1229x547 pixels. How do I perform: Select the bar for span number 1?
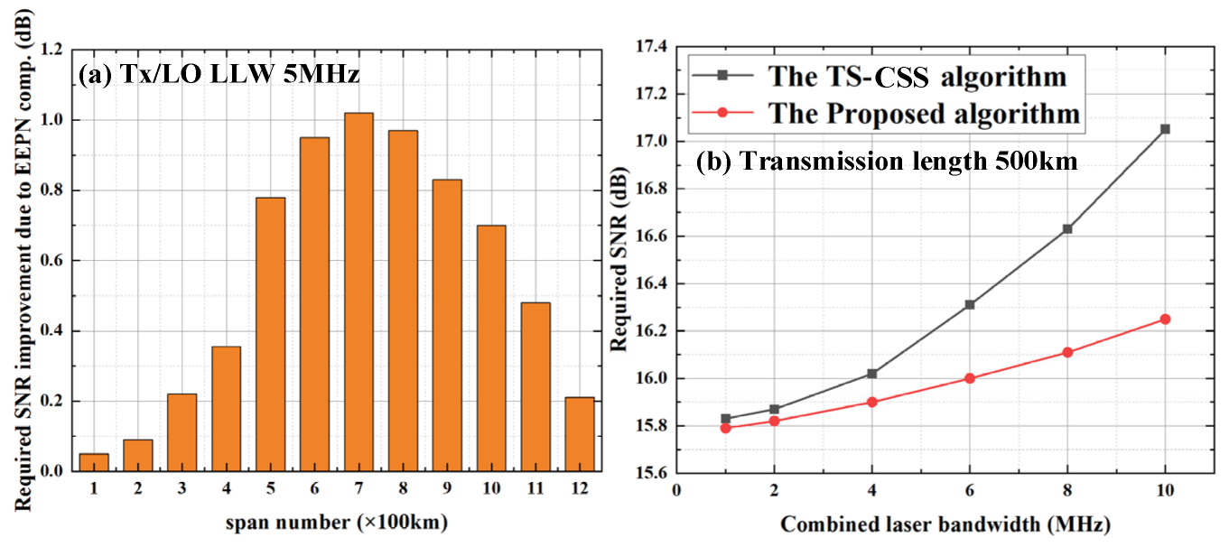pos(94,462)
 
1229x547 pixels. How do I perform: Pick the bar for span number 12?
pos(579,434)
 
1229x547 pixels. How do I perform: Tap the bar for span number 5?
pos(270,334)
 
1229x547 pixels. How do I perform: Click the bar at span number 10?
pos(491,348)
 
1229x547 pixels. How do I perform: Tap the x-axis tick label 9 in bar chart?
pos(447,488)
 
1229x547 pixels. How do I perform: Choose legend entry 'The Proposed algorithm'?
pos(923,113)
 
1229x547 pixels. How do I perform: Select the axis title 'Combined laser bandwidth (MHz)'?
pos(944,524)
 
